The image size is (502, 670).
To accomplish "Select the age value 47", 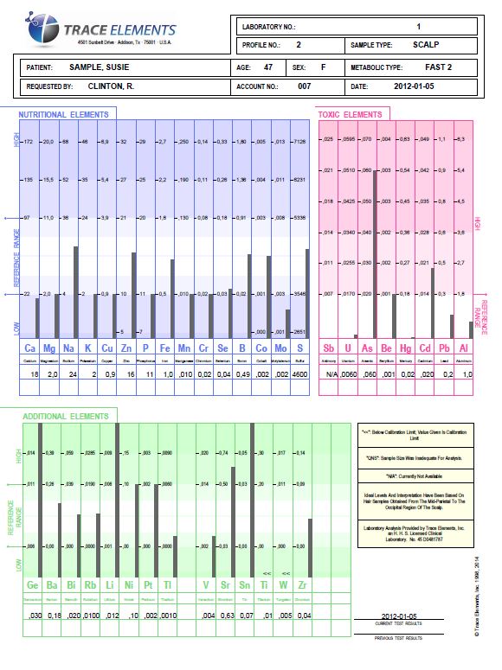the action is coord(268,67).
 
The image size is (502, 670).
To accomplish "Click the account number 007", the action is coord(304,87).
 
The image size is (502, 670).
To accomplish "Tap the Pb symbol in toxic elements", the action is coord(442,348).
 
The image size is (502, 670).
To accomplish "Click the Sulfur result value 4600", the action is coord(299,373).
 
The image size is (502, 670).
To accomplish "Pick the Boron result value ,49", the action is coord(243,373).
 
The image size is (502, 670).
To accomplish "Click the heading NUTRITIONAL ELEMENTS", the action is coord(64,115).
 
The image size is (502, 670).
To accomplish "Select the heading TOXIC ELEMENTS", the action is coord(351,115).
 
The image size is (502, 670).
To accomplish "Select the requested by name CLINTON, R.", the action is coord(111,87).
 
